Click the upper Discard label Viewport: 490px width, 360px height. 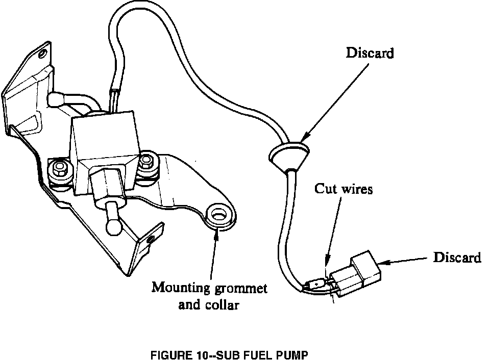[x=370, y=53]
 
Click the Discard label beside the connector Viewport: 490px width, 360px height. [x=457, y=258]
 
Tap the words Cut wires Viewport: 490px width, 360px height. [x=344, y=189]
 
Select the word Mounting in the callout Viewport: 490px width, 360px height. [x=181, y=288]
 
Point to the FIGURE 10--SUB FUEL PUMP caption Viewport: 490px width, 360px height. [x=229, y=355]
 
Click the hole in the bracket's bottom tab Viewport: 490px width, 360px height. [x=151, y=239]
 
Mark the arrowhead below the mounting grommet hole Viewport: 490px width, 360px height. [x=217, y=233]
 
